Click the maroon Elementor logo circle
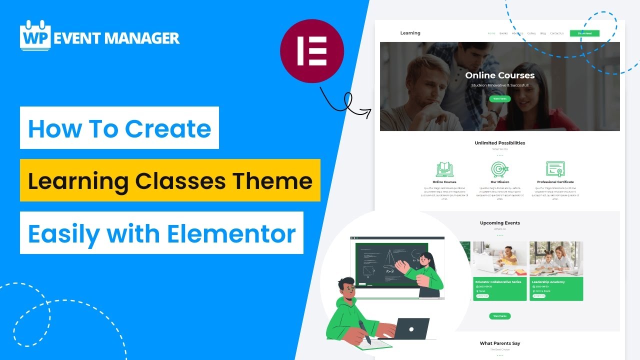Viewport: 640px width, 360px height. [312, 51]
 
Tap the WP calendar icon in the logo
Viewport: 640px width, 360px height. [35, 36]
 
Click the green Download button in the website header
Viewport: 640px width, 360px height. [584, 33]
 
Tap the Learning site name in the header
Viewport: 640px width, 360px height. [410, 33]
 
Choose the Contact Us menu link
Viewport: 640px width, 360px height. [556, 33]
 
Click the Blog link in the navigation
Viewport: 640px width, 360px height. [543, 33]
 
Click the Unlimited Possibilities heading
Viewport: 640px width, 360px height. [499, 143]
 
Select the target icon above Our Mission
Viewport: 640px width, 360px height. [499, 169]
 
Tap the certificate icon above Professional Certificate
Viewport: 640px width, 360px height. [555, 169]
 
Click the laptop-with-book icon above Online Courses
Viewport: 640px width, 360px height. [444, 169]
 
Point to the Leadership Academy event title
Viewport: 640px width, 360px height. [548, 282]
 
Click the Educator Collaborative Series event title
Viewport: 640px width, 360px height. [498, 282]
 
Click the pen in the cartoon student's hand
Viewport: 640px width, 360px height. [364, 332]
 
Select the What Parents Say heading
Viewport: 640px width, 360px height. [499, 343]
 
